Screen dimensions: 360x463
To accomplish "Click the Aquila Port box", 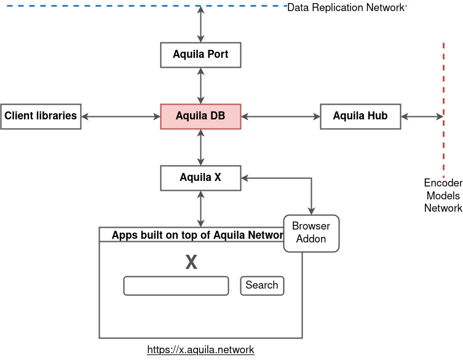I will [x=200, y=55].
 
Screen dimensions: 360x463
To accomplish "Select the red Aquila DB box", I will [x=200, y=116].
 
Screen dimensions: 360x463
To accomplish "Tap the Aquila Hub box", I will [x=360, y=116].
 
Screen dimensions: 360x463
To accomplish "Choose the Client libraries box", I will [x=41, y=116].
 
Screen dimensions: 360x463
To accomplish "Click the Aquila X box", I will [x=200, y=178].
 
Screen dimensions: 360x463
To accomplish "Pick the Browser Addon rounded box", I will [x=311, y=233].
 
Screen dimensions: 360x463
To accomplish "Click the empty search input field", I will [x=176, y=286].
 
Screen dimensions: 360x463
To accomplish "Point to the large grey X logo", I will [x=191, y=262].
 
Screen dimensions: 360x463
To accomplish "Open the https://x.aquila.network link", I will [x=200, y=350].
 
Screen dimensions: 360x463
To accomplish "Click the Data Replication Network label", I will [x=346, y=7].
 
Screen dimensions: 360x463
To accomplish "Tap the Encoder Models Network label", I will [x=443, y=196].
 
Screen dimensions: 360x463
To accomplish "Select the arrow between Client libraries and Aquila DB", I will [x=121, y=116].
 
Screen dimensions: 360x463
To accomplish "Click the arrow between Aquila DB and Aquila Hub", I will [x=280, y=116].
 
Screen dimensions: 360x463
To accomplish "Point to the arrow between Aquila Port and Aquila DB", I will [x=200, y=86].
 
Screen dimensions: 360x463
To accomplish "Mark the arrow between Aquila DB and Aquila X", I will [x=200, y=147].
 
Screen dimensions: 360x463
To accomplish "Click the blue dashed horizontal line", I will [x=123, y=5].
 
